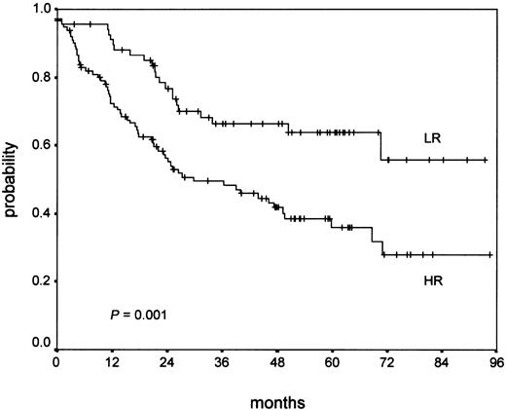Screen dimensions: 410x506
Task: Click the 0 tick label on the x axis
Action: point(56,361)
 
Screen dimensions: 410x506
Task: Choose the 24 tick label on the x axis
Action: point(166,361)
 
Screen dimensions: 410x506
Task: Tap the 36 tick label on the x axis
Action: point(222,361)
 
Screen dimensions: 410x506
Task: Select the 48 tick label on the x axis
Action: point(276,361)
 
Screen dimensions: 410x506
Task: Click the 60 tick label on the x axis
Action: point(332,361)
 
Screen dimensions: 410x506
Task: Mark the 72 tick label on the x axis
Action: point(386,361)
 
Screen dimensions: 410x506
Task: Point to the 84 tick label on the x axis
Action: point(442,361)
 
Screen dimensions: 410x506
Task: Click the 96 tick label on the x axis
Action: point(495,361)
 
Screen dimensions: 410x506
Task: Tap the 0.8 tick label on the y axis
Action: point(42,77)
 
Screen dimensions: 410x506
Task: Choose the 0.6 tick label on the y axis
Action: point(42,145)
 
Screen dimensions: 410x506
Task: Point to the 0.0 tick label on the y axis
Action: point(42,343)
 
